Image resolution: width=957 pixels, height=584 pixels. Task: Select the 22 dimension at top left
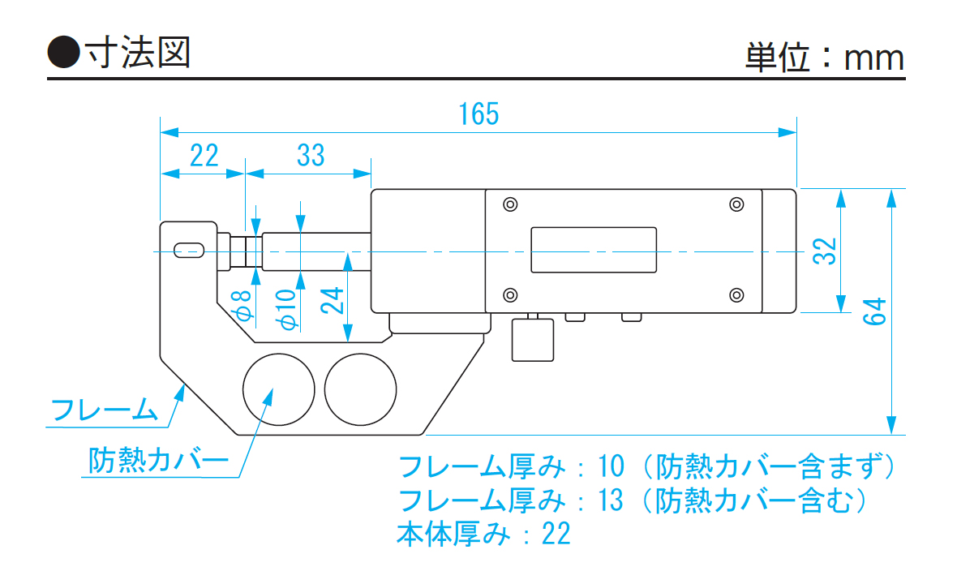204,155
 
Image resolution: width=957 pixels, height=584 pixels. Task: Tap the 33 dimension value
311,155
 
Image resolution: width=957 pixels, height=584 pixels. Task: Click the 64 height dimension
874,311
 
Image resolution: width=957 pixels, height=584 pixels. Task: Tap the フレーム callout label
104,410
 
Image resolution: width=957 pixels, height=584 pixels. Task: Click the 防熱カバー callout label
157,462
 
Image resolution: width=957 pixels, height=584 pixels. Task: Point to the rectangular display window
594,250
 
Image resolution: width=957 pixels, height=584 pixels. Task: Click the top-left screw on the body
509,204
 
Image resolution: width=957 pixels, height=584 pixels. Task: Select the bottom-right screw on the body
736,294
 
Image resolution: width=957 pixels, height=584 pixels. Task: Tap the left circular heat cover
278,389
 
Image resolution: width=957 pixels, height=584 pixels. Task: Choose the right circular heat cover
360,389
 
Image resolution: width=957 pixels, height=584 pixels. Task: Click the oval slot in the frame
188,250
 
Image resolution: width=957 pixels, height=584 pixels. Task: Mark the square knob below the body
532,340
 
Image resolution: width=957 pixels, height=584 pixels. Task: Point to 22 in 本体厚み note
556,534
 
